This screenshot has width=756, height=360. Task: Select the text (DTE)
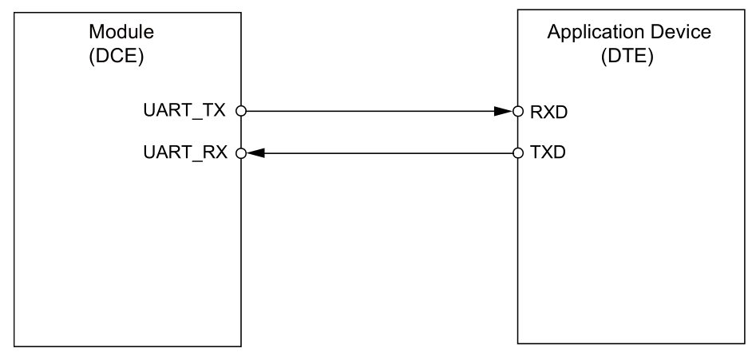coord(628,59)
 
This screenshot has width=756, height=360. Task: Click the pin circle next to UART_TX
coord(240,112)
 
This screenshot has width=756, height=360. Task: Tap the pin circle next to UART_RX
coord(240,152)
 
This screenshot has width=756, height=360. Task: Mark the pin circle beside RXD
coord(517,112)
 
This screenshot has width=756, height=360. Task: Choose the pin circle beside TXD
coord(517,152)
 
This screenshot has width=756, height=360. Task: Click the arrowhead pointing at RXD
coord(503,112)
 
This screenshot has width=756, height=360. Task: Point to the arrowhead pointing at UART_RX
coord(255,152)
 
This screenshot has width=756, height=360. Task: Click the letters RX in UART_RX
coord(216,152)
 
